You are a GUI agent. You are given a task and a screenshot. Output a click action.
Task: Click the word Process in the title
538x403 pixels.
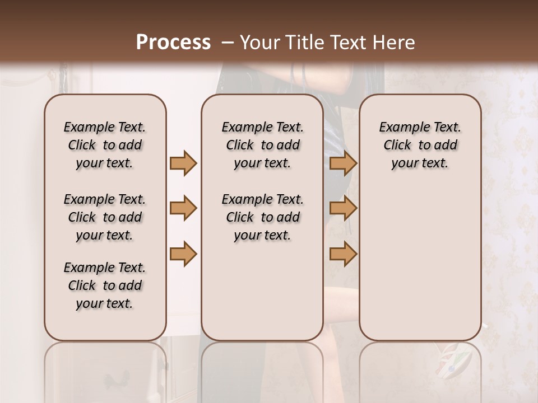pyautogui.click(x=173, y=42)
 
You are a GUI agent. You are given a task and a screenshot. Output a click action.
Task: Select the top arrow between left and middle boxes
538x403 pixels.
pyautogui.click(x=183, y=163)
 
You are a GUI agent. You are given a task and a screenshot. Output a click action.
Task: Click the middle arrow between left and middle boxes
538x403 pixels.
pyautogui.click(x=183, y=208)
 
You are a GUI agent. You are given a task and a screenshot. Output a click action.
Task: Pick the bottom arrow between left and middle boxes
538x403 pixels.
pyautogui.click(x=183, y=253)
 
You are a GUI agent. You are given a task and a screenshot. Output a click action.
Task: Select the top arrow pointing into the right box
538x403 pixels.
pyautogui.click(x=343, y=163)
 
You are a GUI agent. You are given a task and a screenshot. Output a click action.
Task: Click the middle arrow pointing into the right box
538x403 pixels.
pyautogui.click(x=343, y=208)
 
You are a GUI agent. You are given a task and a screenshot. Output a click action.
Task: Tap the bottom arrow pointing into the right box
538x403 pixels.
pyautogui.click(x=343, y=253)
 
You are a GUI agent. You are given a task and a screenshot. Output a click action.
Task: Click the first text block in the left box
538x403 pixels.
pyautogui.click(x=105, y=145)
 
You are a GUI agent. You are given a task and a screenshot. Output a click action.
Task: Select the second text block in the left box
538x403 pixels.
pyautogui.click(x=105, y=217)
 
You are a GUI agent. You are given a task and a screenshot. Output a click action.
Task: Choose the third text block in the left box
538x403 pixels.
pyautogui.click(x=105, y=285)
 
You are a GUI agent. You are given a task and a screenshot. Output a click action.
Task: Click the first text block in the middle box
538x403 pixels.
pyautogui.click(x=262, y=145)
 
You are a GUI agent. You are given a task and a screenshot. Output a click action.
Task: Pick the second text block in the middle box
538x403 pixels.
pyautogui.click(x=262, y=217)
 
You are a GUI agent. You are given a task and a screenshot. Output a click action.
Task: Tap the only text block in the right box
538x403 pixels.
pyautogui.click(x=420, y=145)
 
